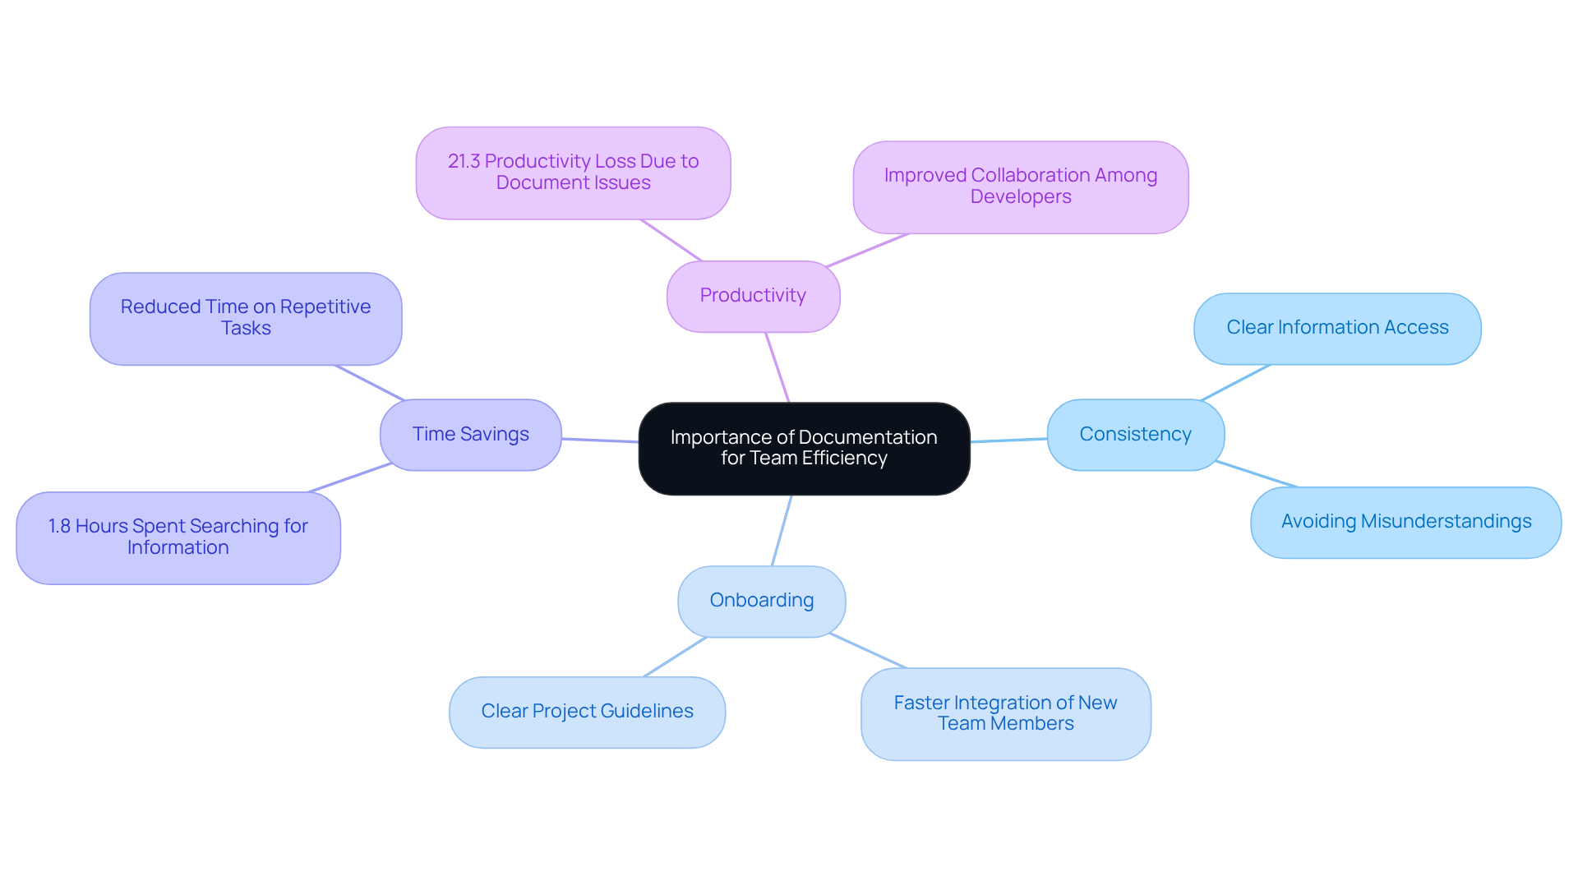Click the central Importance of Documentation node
(x=804, y=448)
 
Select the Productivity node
(x=753, y=296)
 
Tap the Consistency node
(x=1135, y=434)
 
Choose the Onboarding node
(x=761, y=601)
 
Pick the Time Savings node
(x=470, y=434)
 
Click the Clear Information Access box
(x=1336, y=328)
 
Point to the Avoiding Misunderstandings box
(x=1405, y=522)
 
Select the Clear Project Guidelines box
(x=587, y=712)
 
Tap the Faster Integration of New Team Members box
(x=1005, y=713)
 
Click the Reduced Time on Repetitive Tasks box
(x=245, y=318)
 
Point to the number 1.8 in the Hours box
(x=59, y=526)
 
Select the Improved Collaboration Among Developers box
(x=1020, y=187)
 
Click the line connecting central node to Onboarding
(x=782, y=530)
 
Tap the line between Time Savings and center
(x=600, y=440)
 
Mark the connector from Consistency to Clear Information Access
(x=1235, y=382)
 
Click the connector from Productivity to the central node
(x=777, y=367)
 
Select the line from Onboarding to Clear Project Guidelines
(x=675, y=657)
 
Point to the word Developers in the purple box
(x=1020, y=197)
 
